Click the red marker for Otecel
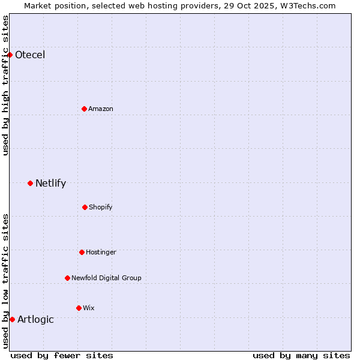(10, 55)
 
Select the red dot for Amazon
(84, 109)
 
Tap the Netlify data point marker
(30, 183)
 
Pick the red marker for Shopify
(85, 207)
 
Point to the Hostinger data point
(82, 252)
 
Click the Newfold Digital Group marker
(67, 278)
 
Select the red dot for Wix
(79, 308)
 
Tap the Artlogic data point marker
(12, 319)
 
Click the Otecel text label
(30, 55)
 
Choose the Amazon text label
(101, 109)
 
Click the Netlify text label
(50, 183)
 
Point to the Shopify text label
(101, 207)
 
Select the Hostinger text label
(101, 252)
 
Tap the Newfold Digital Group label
(106, 278)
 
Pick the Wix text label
(89, 308)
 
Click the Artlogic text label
(35, 319)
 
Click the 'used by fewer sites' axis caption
(62, 355)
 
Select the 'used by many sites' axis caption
(301, 355)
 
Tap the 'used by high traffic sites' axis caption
(5, 85)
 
